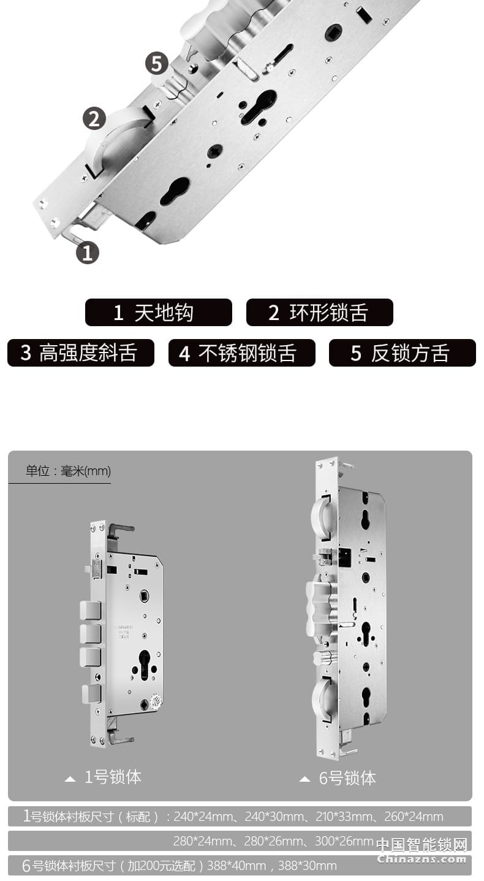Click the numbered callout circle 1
[x=87, y=253]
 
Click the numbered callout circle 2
[x=94, y=118]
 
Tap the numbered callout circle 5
[x=156, y=64]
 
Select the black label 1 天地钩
[x=158, y=313]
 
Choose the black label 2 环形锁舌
[x=319, y=313]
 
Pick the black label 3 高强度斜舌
[x=80, y=353]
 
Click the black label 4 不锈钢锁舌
[x=241, y=353]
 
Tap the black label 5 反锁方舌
[x=402, y=353]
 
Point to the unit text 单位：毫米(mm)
[x=68, y=471]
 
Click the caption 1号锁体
[x=113, y=777]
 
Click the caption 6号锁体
[x=347, y=779]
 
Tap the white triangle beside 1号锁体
[x=70, y=779]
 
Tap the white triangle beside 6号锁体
[x=304, y=780]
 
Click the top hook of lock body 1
[x=120, y=528]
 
